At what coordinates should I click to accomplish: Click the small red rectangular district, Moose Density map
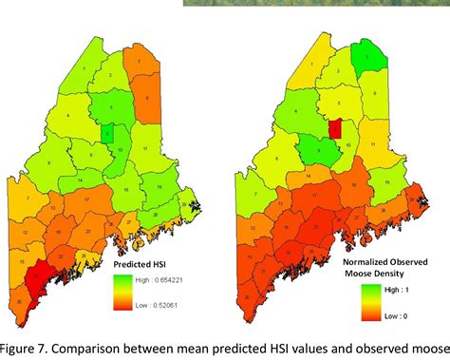(334, 129)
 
